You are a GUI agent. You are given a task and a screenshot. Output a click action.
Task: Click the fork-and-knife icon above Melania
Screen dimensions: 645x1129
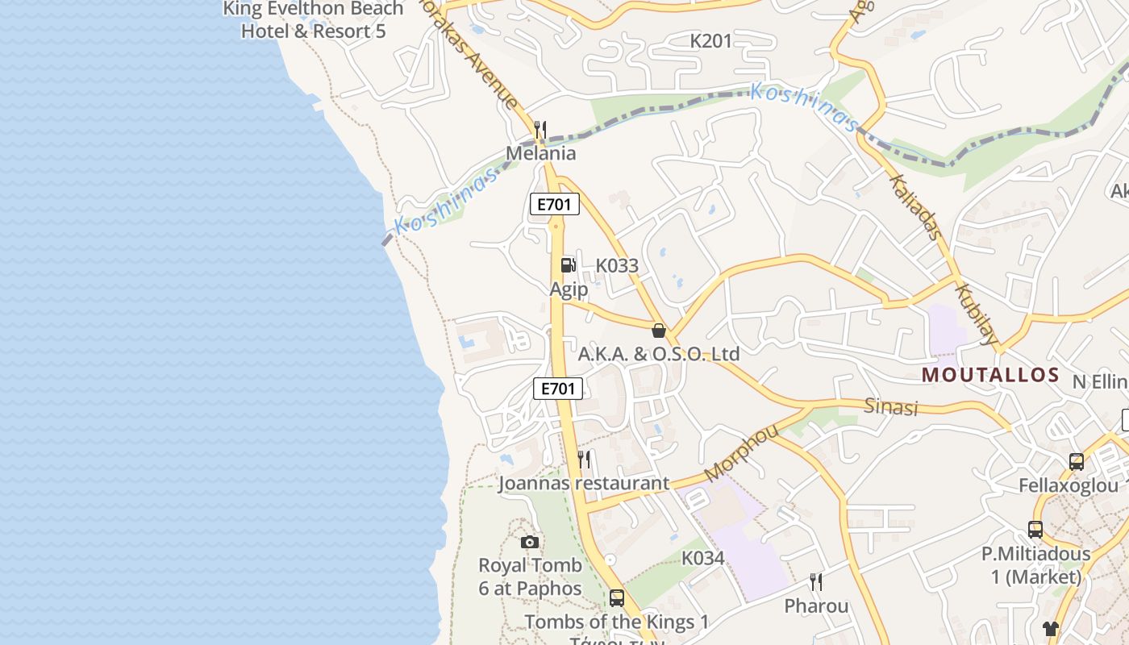click(540, 129)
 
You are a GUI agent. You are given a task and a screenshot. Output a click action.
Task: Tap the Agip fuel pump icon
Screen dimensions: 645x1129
click(569, 264)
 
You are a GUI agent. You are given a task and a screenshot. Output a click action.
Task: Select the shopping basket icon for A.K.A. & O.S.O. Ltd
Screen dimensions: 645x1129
click(659, 330)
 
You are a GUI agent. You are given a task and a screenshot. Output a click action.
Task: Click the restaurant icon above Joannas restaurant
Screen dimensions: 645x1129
click(584, 460)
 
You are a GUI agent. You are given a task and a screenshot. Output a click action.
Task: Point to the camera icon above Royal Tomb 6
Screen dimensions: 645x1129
click(529, 542)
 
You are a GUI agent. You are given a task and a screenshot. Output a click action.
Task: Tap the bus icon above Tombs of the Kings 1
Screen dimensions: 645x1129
click(617, 597)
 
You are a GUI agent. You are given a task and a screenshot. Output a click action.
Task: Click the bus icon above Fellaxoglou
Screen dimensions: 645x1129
click(1076, 462)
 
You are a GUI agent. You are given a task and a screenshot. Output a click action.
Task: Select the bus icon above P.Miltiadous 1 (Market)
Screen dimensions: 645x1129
click(1035, 530)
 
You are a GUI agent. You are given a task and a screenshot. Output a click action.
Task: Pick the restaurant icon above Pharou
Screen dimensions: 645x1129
click(816, 581)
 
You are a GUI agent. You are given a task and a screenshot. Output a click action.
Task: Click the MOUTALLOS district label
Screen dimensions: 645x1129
click(990, 375)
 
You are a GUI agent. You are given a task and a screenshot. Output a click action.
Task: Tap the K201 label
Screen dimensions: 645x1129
click(711, 41)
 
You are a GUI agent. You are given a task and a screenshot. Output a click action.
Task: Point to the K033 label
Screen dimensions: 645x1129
click(617, 265)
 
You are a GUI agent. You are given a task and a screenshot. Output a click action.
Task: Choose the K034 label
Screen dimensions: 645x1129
click(703, 558)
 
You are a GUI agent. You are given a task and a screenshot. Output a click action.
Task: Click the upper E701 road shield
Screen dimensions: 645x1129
click(555, 204)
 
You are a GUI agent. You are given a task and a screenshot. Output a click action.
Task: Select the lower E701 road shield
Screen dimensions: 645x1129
click(558, 389)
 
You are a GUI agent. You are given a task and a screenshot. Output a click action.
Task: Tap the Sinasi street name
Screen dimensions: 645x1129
click(891, 406)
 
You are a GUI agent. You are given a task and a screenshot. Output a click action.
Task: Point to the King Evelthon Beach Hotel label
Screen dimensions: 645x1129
click(314, 20)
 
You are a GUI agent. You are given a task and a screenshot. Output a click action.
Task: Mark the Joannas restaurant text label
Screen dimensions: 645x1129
click(584, 484)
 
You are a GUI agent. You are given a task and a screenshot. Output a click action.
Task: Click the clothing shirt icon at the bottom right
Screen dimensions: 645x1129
click(1050, 628)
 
